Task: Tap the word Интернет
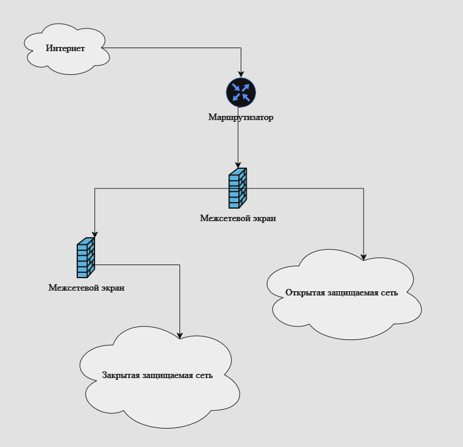[x=65, y=49]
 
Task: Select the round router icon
[x=241, y=93]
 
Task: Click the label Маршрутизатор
[x=241, y=118]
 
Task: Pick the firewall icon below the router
[x=238, y=188]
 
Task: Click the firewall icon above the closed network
[x=86, y=258]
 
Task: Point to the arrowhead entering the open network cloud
[x=364, y=257]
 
